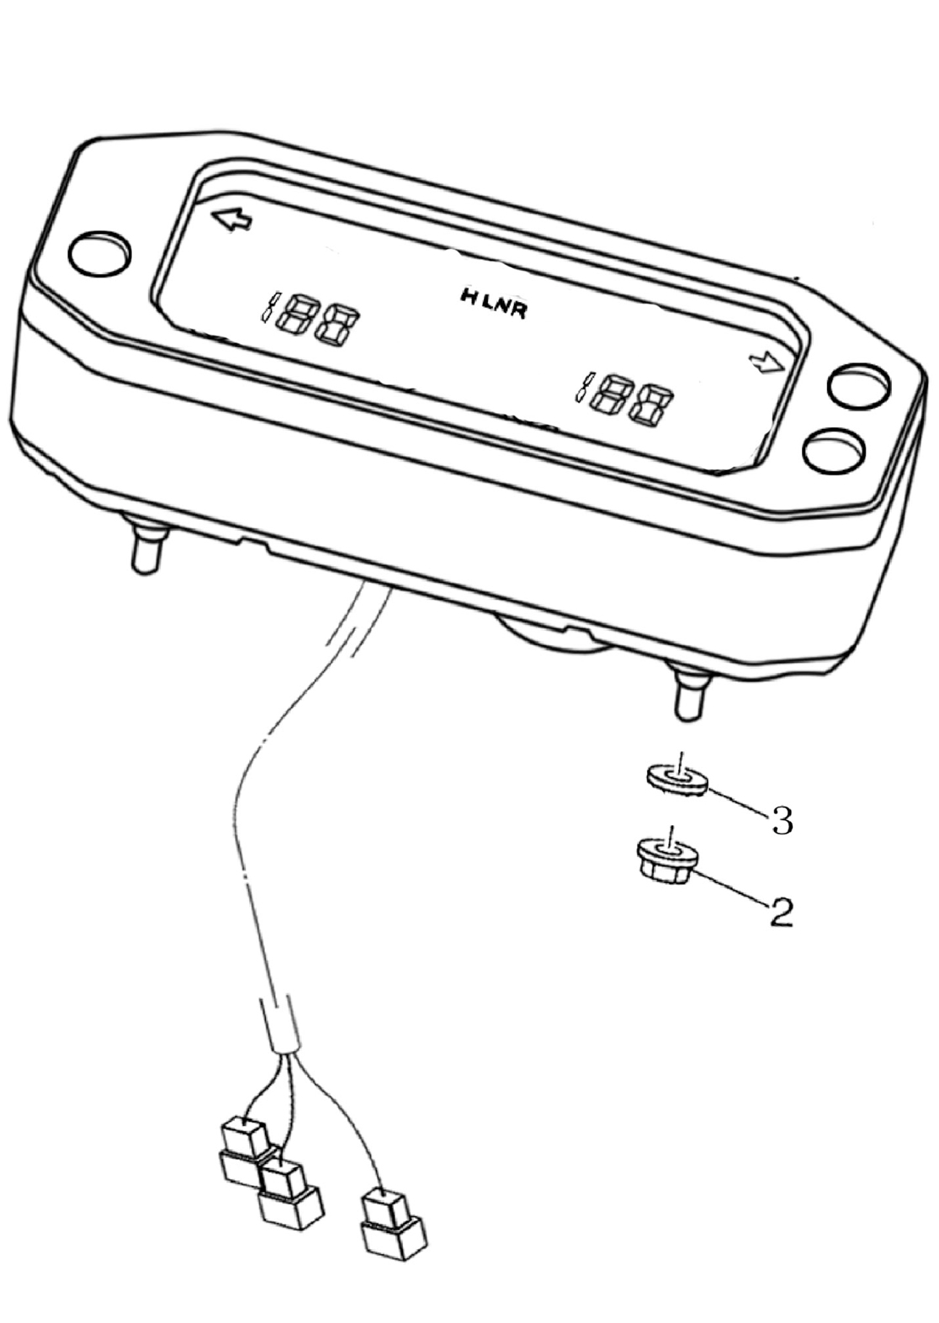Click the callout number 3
tap(782, 820)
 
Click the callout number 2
tap(781, 913)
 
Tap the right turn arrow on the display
tap(767, 363)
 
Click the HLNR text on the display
tap(493, 303)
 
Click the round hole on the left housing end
tap(99, 253)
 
